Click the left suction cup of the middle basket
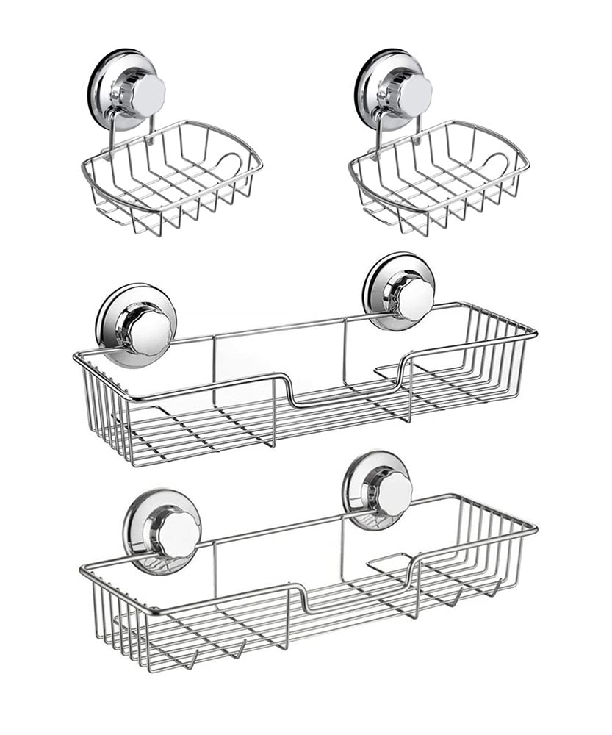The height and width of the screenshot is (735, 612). [x=137, y=325]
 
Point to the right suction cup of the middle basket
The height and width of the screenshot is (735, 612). [x=398, y=292]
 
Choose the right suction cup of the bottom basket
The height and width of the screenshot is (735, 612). [x=377, y=490]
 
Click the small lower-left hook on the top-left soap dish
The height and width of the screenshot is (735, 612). [x=110, y=213]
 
